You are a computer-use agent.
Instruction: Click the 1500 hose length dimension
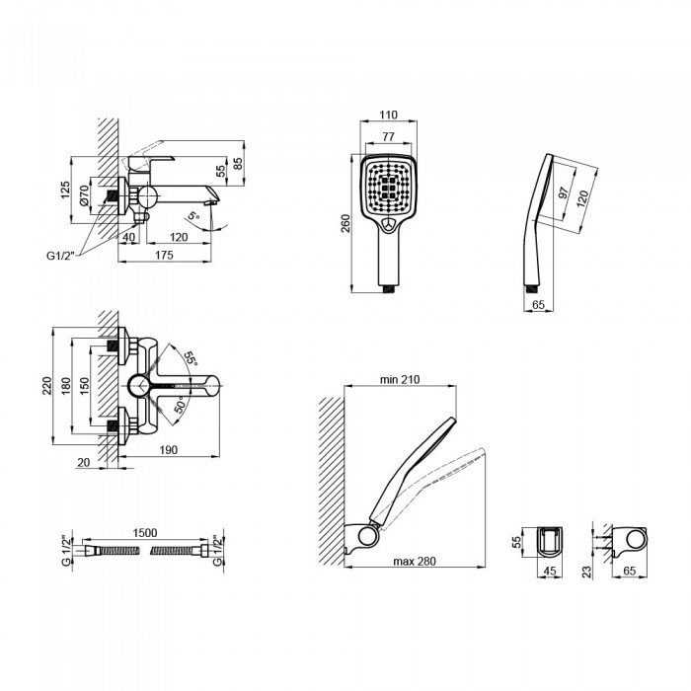point(145,533)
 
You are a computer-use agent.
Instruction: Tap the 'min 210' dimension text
point(400,379)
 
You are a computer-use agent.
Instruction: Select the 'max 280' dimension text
point(415,561)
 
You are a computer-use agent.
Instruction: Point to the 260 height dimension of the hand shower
point(345,223)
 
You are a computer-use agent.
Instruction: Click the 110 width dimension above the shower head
point(388,115)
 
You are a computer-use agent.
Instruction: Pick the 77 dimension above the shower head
point(388,136)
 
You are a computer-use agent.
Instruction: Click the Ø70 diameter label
point(84,194)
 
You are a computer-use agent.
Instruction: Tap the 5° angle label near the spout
point(193,216)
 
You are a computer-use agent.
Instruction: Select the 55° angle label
point(191,357)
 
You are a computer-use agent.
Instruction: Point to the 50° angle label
point(180,404)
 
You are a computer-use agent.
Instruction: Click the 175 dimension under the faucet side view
point(165,255)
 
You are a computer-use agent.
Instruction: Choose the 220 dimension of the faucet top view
point(46,386)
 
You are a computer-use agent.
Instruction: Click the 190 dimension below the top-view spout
point(169,449)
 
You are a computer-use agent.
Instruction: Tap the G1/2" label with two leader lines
point(61,255)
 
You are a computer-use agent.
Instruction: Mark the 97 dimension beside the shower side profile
point(564,192)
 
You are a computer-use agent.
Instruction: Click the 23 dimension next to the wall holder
point(587,572)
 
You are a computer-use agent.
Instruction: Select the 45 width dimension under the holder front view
point(550,571)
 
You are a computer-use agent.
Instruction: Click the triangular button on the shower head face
point(388,225)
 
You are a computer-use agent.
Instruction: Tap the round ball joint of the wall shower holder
point(367,536)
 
